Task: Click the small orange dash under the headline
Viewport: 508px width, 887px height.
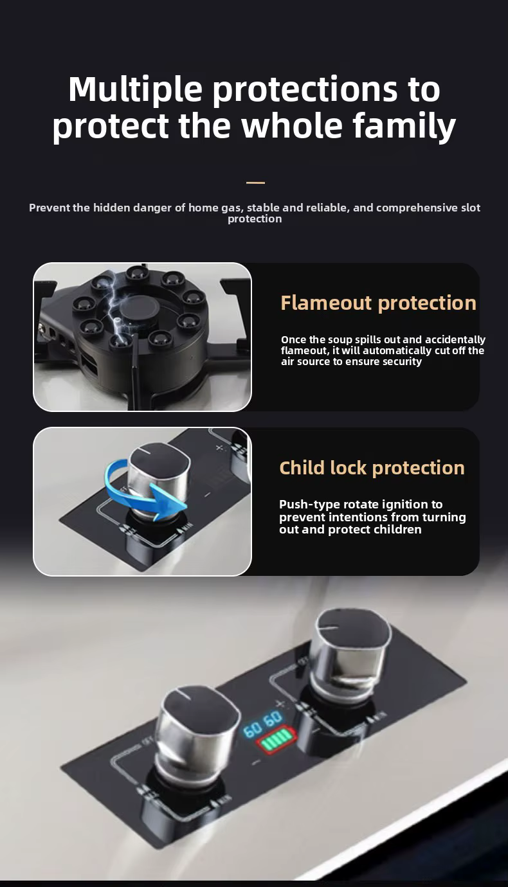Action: click(x=255, y=183)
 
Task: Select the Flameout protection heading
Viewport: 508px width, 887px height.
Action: click(x=378, y=303)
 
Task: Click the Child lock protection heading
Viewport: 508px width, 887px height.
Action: click(x=372, y=468)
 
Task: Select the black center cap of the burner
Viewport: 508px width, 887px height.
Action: click(x=139, y=308)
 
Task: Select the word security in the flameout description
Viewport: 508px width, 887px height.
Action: click(x=402, y=361)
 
